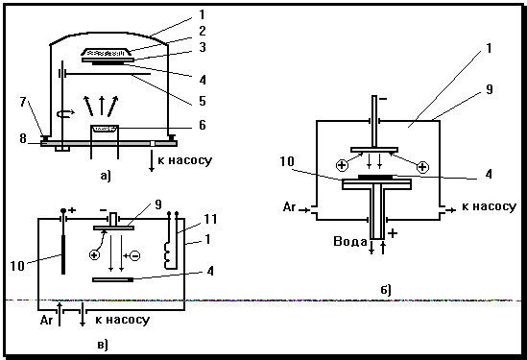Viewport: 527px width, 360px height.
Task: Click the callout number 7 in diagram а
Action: pyautogui.click(x=23, y=101)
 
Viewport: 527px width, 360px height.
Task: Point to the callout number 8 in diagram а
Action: pyautogui.click(x=23, y=138)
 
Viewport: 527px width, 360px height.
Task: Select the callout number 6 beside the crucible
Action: pyautogui.click(x=202, y=125)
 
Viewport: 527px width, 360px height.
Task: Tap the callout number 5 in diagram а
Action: pyautogui.click(x=202, y=101)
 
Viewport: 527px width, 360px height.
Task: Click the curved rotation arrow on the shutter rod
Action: pyautogui.click(x=65, y=114)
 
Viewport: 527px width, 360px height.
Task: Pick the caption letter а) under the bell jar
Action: pyautogui.click(x=106, y=175)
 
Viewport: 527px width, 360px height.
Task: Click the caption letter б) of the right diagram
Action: pyautogui.click(x=386, y=289)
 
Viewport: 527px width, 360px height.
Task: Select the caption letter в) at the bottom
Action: pyautogui.click(x=103, y=345)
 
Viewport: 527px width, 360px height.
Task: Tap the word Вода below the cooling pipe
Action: pyautogui.click(x=349, y=241)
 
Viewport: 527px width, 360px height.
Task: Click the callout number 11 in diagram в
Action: pyautogui.click(x=211, y=219)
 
